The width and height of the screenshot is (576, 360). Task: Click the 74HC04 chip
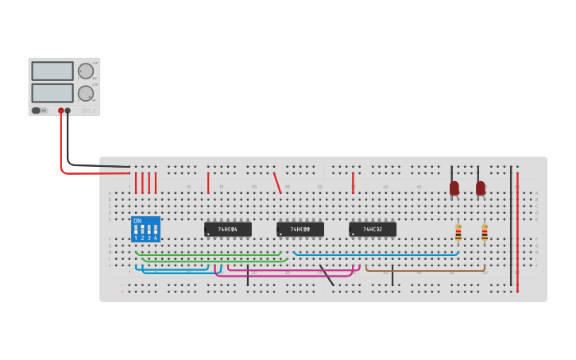[228, 230]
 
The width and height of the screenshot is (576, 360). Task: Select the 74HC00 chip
[300, 230]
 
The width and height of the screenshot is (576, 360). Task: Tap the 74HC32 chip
[373, 230]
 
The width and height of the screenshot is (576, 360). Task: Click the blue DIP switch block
[145, 230]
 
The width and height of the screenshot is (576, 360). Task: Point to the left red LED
[454, 188]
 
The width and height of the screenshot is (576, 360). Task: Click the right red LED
[480, 188]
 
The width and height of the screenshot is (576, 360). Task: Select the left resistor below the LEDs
[458, 232]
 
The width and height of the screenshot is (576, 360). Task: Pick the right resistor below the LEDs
[485, 232]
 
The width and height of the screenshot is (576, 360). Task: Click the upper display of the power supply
[52, 71]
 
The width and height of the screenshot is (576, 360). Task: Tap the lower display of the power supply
[52, 92]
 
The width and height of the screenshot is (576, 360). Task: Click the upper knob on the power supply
[85, 71]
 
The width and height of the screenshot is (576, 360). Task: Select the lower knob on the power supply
[85, 93]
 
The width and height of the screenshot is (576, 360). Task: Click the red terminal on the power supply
[60, 110]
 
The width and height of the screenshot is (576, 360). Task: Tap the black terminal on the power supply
[68, 110]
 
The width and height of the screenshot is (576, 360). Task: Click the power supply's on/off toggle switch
[37, 110]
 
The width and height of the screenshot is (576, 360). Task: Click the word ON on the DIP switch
[137, 221]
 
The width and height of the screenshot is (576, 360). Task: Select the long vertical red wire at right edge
[517, 230]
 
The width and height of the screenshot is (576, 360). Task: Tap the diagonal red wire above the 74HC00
[277, 184]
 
